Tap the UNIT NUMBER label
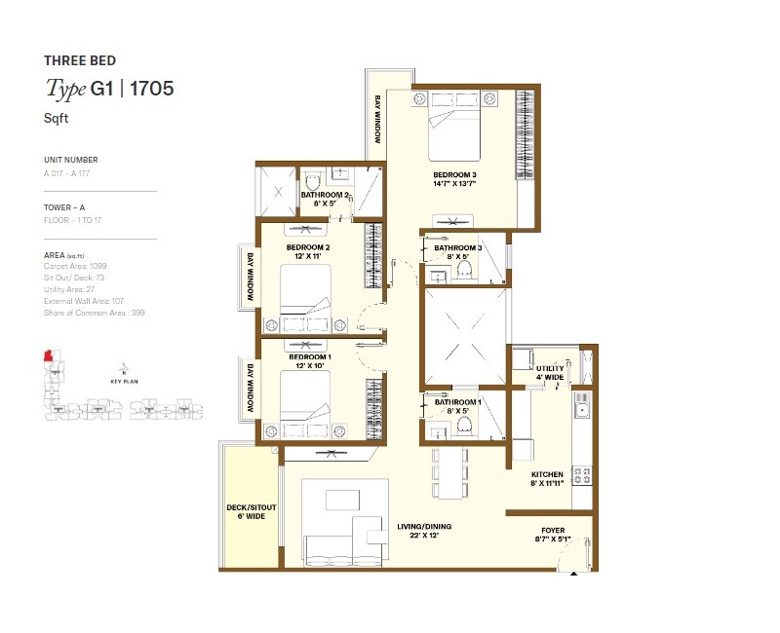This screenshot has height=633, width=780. (x=70, y=160)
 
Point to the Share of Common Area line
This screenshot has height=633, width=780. (x=95, y=313)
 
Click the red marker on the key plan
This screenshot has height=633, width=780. (x=45, y=356)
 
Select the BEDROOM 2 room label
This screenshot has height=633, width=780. (x=308, y=247)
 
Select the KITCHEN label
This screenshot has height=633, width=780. (x=547, y=475)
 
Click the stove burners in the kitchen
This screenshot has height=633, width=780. (x=582, y=476)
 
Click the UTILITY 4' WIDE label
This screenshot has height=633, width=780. (x=550, y=371)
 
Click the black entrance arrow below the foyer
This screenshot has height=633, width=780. (x=574, y=574)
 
